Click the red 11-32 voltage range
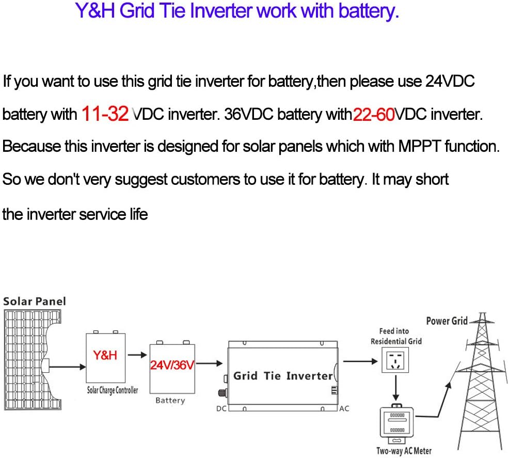pyautogui.click(x=105, y=114)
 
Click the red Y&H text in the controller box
pyautogui.click(x=105, y=355)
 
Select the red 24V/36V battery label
pyautogui.click(x=172, y=366)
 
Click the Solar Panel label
pyautogui.click(x=35, y=301)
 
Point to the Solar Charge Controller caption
pyautogui.click(x=112, y=390)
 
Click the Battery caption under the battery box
pyautogui.click(x=170, y=400)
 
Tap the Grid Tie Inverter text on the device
pyautogui.click(x=283, y=375)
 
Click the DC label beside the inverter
pyautogui.click(x=221, y=408)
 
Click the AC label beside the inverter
pyautogui.click(x=344, y=408)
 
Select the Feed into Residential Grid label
pyautogui.click(x=396, y=336)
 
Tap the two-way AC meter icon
pyautogui.click(x=396, y=423)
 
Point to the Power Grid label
pyautogui.click(x=447, y=321)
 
